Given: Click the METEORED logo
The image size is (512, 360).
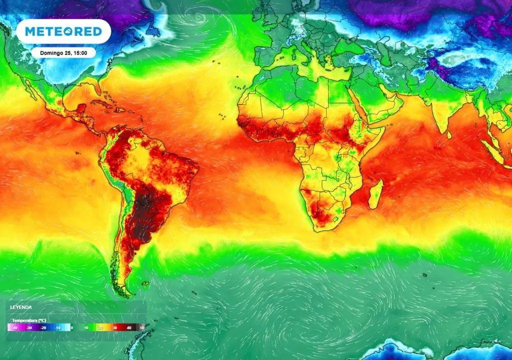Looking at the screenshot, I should (63, 32).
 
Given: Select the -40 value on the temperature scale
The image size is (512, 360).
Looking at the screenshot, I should (15, 328).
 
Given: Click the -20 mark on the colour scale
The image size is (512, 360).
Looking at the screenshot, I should (43, 328).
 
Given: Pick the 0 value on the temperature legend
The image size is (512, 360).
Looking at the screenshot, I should (72, 328).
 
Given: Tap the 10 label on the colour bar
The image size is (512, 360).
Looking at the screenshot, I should (86, 328).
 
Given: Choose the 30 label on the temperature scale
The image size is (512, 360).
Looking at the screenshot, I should (114, 328).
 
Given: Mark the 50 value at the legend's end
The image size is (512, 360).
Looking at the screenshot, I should (142, 328).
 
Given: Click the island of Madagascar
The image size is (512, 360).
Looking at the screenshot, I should (376, 194).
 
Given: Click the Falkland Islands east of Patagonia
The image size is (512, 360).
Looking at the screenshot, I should (145, 284).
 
